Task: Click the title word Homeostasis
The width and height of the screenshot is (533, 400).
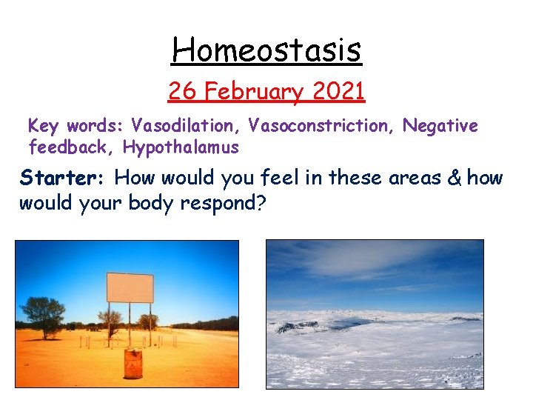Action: point(266,50)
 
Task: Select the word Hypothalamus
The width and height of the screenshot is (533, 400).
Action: point(181,147)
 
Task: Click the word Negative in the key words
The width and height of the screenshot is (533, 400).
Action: point(440,127)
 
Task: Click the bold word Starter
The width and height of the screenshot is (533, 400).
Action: point(64,179)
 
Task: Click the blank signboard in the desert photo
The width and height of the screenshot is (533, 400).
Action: point(130,287)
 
